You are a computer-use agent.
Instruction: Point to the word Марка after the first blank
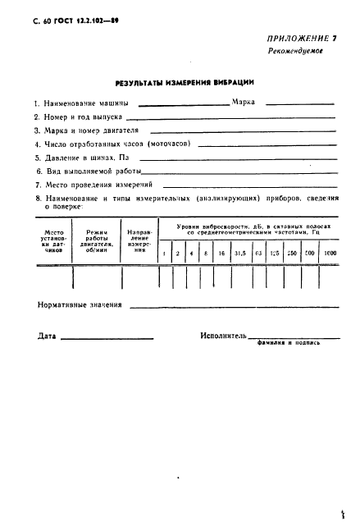(245, 103)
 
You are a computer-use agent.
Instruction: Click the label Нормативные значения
(80, 305)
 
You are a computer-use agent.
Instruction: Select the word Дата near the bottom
(47, 336)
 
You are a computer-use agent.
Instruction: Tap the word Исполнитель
(224, 336)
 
